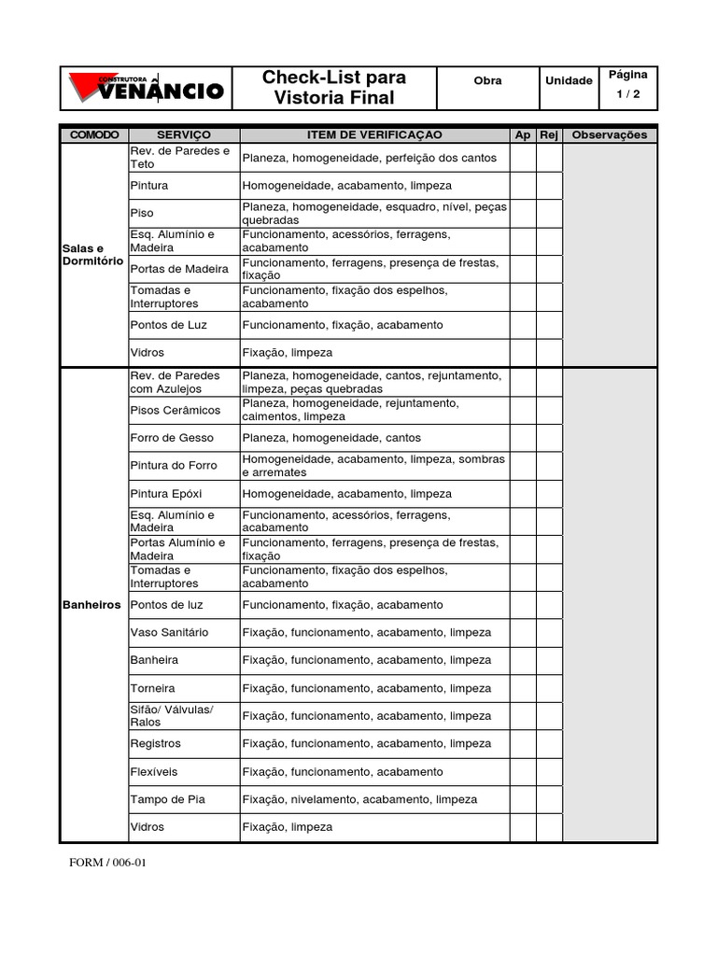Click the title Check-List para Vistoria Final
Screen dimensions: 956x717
(x=334, y=88)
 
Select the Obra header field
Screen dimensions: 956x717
(x=487, y=80)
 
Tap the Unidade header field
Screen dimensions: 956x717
(x=569, y=80)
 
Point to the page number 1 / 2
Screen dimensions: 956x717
(x=628, y=94)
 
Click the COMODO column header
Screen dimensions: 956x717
(x=93, y=135)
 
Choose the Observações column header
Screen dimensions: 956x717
(x=609, y=135)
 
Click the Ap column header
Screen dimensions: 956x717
(x=523, y=135)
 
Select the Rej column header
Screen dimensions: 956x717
(x=549, y=135)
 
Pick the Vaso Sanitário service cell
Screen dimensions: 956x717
(x=170, y=633)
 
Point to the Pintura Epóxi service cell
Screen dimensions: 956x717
(x=167, y=494)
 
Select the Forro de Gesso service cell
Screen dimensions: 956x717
(x=172, y=438)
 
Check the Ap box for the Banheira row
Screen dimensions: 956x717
(x=523, y=661)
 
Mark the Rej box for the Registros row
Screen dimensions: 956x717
(x=549, y=744)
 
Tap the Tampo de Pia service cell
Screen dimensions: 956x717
(x=168, y=800)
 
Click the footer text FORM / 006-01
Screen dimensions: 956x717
(x=108, y=863)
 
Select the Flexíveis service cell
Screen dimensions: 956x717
(x=154, y=772)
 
